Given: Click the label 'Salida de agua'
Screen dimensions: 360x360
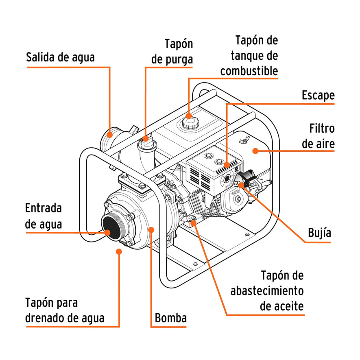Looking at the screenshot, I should point(60,57).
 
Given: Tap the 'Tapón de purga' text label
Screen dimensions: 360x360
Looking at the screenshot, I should point(172,51).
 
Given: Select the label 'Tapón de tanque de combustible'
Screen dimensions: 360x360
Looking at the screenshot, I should point(249,55).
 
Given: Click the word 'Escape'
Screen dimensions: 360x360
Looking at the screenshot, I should point(318,95).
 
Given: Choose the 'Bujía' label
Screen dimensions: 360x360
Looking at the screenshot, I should point(319,233).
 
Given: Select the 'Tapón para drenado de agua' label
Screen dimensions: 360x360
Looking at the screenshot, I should point(65,310).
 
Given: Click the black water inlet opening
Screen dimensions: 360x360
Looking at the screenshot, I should point(112,228).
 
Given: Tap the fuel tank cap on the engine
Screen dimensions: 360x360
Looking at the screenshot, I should point(188,122).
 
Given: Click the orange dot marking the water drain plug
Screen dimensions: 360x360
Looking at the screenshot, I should point(119,252).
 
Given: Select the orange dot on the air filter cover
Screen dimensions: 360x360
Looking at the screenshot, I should point(255,151).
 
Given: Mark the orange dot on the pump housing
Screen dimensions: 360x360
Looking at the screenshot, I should point(151,230).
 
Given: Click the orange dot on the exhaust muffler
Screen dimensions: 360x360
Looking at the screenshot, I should point(226,165).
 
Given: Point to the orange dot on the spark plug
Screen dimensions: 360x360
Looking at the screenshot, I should point(241,185).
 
